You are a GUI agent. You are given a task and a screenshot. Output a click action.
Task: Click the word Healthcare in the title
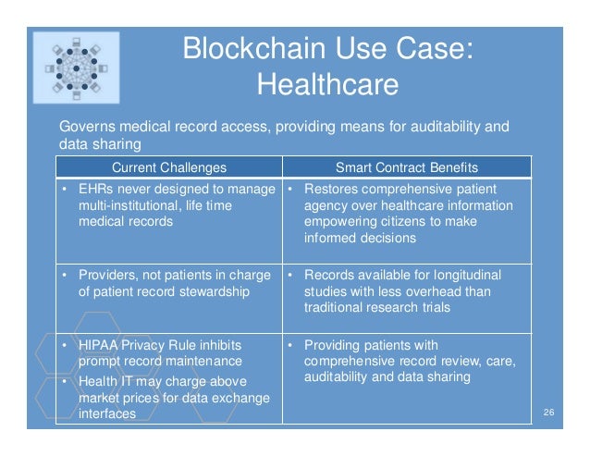[x=327, y=85]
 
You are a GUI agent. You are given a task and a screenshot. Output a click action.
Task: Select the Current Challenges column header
[x=168, y=167]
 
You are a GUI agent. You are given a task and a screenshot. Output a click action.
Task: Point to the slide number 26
[x=548, y=411]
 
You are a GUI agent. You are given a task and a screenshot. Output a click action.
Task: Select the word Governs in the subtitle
[x=87, y=126]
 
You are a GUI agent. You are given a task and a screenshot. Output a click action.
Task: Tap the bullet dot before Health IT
[x=65, y=382]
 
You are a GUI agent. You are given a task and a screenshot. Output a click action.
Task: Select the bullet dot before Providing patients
[x=289, y=347]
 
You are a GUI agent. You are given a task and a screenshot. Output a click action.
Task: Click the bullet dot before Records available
[x=289, y=276]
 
